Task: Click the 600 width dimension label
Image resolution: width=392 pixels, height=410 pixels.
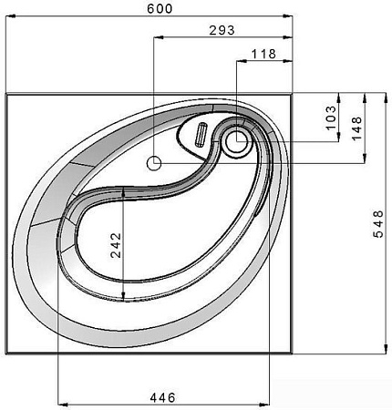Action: [x=160, y=8]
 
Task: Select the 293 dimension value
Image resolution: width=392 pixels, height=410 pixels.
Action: [x=222, y=30]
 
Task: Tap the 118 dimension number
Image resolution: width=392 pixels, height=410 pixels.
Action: [x=263, y=54]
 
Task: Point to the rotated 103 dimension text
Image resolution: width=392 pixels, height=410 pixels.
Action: [x=331, y=118]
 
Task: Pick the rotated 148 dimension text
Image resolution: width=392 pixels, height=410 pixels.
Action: [x=356, y=128]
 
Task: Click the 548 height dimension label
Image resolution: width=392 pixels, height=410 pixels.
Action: [x=378, y=224]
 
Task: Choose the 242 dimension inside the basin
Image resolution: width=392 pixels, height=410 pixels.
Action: [x=116, y=245]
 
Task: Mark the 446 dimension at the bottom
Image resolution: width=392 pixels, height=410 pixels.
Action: [x=162, y=397]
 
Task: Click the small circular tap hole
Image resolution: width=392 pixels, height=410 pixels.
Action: [x=154, y=163]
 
